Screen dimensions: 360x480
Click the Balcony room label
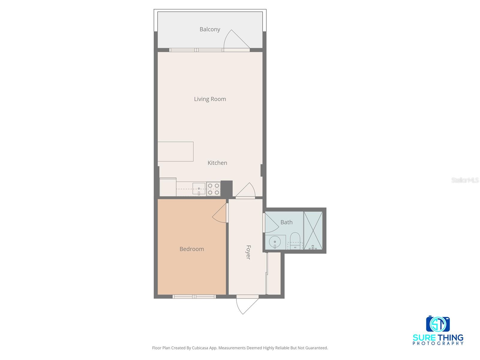click(x=210, y=29)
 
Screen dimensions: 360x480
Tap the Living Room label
click(x=210, y=99)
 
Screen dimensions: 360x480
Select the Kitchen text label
click(x=217, y=163)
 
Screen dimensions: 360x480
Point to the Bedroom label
click(x=192, y=249)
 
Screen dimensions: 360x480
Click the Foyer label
click(x=248, y=252)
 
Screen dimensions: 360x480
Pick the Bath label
click(x=286, y=222)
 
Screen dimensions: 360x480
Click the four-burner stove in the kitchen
click(x=213, y=189)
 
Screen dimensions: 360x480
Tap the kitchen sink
click(x=199, y=189)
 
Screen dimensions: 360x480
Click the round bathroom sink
click(x=275, y=242)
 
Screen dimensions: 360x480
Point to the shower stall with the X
click(x=313, y=230)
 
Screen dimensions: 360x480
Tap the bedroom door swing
click(x=220, y=214)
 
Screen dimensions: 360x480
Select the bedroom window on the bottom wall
click(x=194, y=297)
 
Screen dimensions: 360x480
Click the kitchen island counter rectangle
click(x=175, y=151)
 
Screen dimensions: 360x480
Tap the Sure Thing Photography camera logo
click(x=438, y=324)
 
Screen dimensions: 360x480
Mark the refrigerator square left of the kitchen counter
click(x=168, y=187)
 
